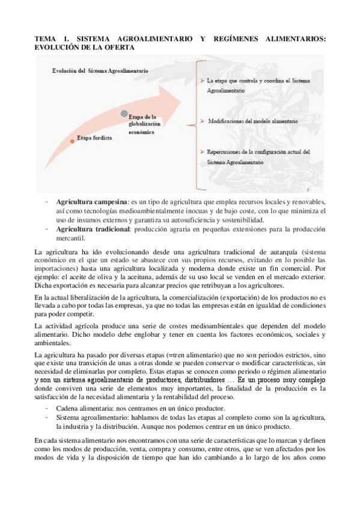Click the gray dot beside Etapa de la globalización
(124, 113)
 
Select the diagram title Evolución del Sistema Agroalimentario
(99, 70)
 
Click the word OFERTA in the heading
(118, 47)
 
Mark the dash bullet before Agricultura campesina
(47, 201)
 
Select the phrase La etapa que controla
(235, 80)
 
